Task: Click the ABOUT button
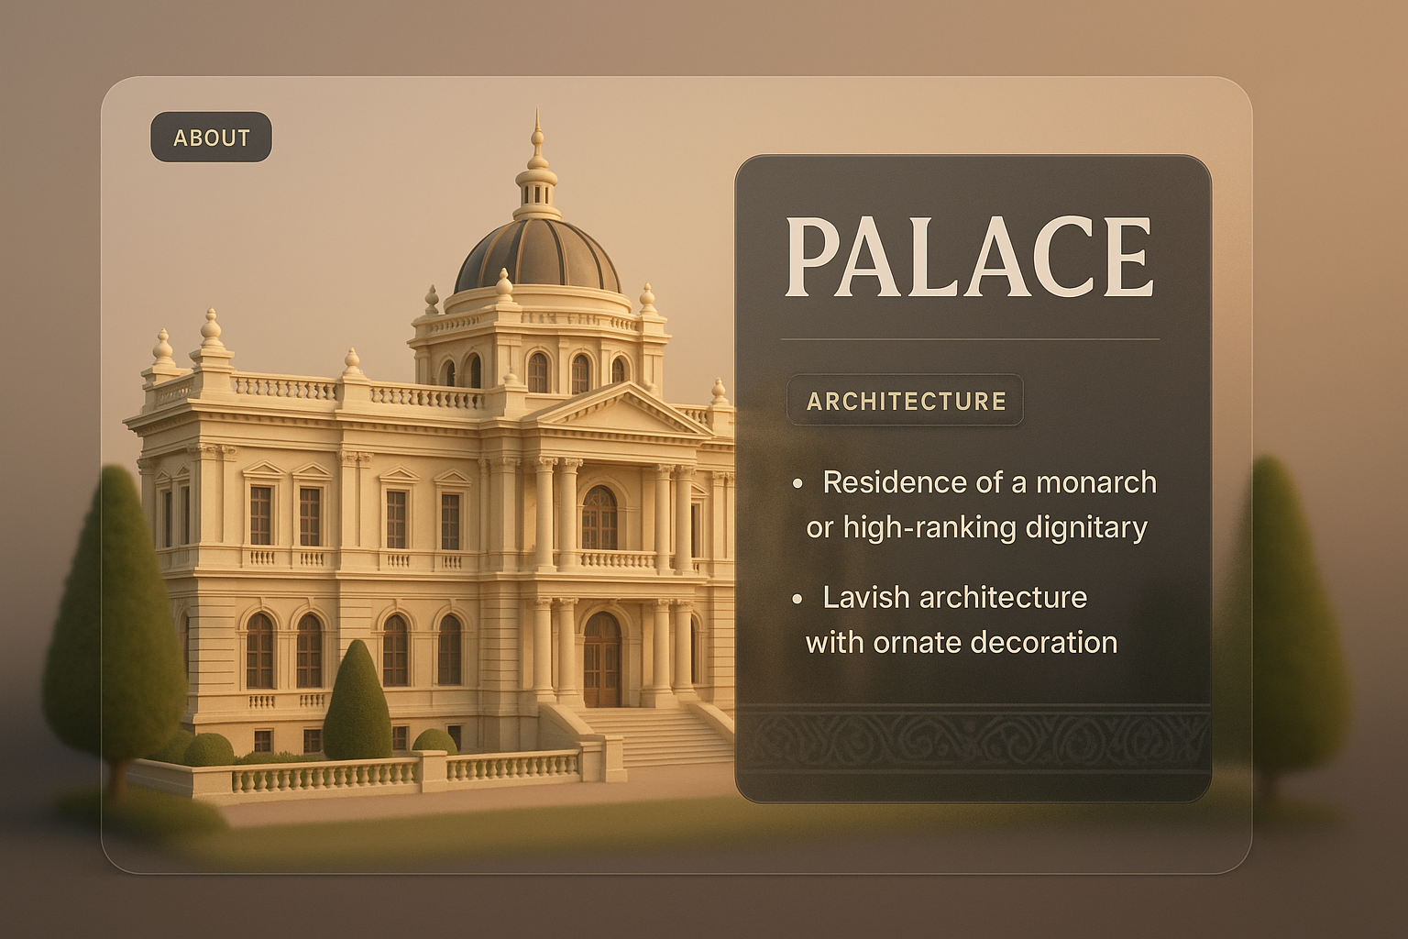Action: point(211,138)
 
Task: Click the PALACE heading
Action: point(968,258)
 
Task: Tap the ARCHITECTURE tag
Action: point(906,401)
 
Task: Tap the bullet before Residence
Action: point(797,483)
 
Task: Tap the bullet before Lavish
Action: point(797,599)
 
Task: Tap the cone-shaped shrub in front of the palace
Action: point(357,702)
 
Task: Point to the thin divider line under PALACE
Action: point(970,339)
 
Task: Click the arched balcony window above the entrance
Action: point(599,519)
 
